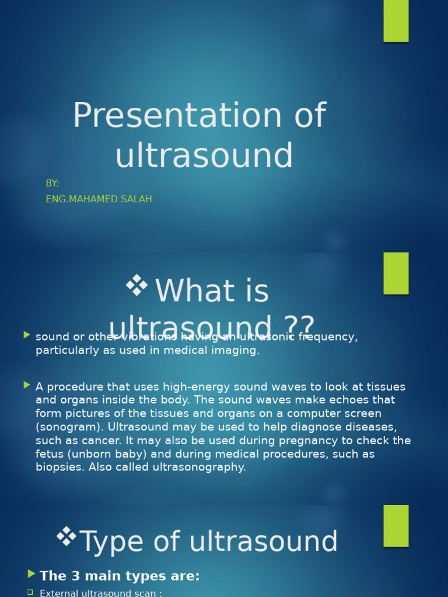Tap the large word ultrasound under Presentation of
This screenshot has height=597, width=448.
[x=204, y=156]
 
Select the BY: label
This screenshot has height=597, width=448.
[x=52, y=184]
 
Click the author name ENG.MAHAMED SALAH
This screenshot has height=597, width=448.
[x=99, y=199]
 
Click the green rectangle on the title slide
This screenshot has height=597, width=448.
[x=395, y=21]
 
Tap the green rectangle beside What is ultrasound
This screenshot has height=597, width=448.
[x=395, y=273]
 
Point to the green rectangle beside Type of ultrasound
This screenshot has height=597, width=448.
[x=395, y=525]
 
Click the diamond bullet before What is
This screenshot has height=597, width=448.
[x=136, y=286]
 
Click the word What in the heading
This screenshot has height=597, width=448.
[x=187, y=292]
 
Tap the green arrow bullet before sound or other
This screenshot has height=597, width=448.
[x=27, y=335]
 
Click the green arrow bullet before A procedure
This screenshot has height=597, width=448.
[x=27, y=385]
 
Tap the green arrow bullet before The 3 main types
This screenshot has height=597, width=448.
[x=32, y=574]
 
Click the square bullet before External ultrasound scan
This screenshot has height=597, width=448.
[x=30, y=592]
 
